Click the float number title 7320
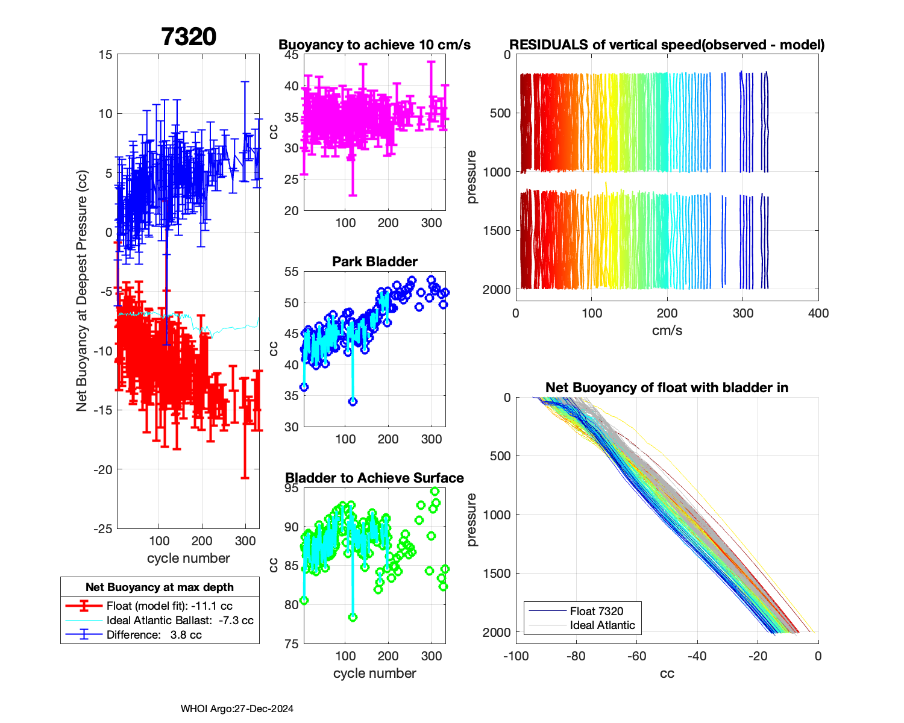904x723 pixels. coord(189,37)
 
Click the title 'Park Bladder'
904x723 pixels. coord(375,261)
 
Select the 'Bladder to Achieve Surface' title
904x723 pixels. coord(375,478)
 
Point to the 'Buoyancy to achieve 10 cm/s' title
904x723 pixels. coord(375,45)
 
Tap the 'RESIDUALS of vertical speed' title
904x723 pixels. coord(667,45)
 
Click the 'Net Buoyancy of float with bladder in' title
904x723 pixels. coord(667,387)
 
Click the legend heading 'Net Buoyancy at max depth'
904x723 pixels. coord(160,587)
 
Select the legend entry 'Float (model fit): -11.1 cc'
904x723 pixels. coord(169,606)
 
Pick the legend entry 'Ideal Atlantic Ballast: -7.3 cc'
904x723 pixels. coord(180,621)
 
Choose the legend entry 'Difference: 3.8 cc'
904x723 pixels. coord(154,635)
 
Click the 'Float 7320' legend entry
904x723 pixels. coord(597,611)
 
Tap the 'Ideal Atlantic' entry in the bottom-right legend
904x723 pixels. coord(602,625)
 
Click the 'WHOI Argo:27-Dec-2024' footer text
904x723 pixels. coord(237,709)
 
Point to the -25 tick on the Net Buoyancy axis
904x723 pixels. coord(103,529)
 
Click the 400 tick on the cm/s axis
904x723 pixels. coord(818,313)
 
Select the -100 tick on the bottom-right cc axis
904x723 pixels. coord(516,656)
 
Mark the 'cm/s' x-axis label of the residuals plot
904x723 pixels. coord(667,331)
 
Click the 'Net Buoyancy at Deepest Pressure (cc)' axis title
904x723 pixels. coord(82,291)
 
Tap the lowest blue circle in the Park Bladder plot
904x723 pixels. coord(353,401)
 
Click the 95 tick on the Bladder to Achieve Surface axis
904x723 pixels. coord(291,488)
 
